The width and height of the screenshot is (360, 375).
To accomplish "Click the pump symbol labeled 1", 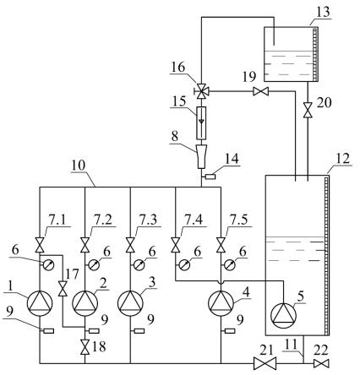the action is tap(40, 303).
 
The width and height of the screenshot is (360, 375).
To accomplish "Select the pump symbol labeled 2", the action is tap(85, 303).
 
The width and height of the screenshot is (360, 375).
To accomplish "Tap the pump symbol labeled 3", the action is tap(130, 303).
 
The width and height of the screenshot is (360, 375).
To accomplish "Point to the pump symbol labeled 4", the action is tap(221, 303).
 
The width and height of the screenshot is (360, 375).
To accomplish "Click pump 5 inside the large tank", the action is tap(283, 315).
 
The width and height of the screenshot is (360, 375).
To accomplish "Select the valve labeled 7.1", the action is tap(40, 245).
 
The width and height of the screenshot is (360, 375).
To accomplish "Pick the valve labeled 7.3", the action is tap(130, 245).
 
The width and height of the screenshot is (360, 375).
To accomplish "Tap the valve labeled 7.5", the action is tap(221, 245).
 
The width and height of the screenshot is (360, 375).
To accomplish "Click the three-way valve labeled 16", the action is tap(201, 91).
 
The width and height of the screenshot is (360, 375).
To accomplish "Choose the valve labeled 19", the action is tap(260, 91).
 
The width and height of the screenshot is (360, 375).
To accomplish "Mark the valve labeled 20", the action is tap(308, 111).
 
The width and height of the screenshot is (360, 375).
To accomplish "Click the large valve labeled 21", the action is tap(265, 363).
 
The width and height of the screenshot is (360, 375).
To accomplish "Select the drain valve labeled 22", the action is tap(321, 363).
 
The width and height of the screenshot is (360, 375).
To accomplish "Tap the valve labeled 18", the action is tap(85, 347).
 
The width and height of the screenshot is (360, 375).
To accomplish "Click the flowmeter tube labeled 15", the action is tap(201, 123).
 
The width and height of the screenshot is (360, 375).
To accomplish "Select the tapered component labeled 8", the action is tap(201, 156).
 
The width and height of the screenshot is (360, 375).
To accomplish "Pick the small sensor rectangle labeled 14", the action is tap(210, 177).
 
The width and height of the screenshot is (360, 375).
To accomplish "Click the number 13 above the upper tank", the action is tap(323, 12).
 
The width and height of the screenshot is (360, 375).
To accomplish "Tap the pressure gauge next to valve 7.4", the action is tap(184, 264).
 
